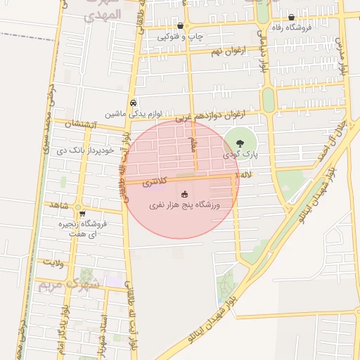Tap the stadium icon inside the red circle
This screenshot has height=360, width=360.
point(185,194)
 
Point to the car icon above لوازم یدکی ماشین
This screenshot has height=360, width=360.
point(134,102)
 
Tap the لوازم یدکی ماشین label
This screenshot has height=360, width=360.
point(135,113)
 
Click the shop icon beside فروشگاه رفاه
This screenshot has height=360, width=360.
point(291,18)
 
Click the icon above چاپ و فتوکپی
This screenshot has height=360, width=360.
point(181,25)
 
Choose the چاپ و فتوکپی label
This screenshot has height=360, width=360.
point(180,37)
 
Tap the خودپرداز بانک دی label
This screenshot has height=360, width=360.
point(96,151)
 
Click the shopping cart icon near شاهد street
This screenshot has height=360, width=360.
point(83,214)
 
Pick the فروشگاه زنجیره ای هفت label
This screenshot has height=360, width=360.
point(84,229)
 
